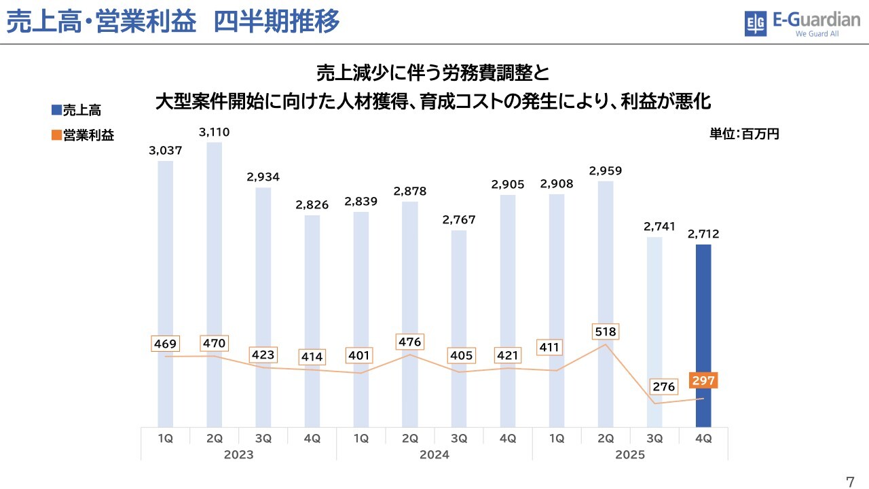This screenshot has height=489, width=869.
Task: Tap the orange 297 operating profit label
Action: (703, 380)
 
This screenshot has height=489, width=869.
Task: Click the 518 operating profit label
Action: (606, 332)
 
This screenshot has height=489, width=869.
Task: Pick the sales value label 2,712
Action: (703, 234)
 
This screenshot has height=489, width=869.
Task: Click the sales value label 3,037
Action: (166, 151)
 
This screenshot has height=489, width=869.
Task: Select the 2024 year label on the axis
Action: (434, 454)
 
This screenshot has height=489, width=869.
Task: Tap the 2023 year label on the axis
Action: (238, 454)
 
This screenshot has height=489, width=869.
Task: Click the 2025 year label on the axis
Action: (629, 454)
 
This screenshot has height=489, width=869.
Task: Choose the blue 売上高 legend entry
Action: (76, 110)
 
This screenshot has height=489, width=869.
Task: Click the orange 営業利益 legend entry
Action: (83, 135)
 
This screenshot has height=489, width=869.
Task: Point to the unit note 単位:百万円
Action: (744, 134)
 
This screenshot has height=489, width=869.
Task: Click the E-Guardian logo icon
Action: (755, 24)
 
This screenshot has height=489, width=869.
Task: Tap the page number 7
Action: (850, 482)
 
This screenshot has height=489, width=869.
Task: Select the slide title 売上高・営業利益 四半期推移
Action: (172, 22)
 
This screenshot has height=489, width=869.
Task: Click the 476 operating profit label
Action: (410, 342)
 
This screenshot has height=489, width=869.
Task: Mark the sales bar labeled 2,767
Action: (459, 326)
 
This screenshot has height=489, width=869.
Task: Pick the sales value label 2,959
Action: (606, 170)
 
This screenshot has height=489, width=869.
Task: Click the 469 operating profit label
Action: (166, 344)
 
